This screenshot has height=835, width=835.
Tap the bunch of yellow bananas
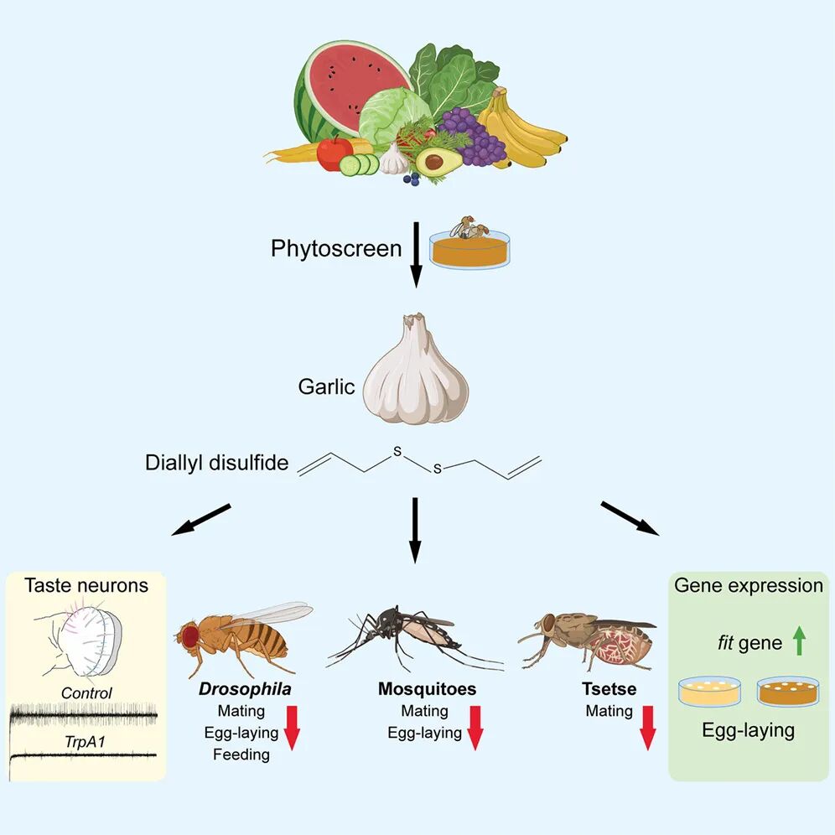524,130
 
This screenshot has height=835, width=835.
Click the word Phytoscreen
336,249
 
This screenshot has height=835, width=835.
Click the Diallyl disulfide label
216,463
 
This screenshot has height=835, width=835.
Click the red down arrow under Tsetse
647,726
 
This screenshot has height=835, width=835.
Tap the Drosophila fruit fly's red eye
191,636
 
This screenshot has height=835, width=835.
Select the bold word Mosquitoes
427,690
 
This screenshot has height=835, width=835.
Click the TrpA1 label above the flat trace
86,743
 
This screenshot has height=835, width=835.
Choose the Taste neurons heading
86,585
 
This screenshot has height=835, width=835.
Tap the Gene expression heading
749,585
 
